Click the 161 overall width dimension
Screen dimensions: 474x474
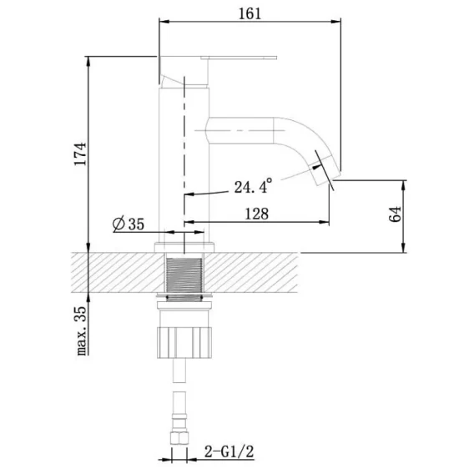coord(250,13)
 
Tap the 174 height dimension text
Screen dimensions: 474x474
coord(81,154)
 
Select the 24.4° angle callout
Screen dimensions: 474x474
coord(253,186)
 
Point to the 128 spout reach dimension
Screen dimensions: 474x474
coord(256,214)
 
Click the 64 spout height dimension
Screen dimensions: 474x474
coord(395,214)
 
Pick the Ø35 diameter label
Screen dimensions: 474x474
coord(129,224)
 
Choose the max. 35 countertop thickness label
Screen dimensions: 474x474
coord(81,331)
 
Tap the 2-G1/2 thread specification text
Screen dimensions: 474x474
coord(229,451)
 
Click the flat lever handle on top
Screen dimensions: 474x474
coord(239,58)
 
